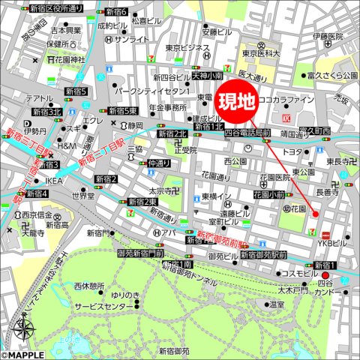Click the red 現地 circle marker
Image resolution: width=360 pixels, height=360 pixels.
click(x=236, y=99)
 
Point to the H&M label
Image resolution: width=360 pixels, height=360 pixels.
click(x=67, y=145)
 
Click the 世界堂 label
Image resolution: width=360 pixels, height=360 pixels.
click(x=82, y=196)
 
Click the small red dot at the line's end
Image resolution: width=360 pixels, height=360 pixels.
click(x=315, y=214)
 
